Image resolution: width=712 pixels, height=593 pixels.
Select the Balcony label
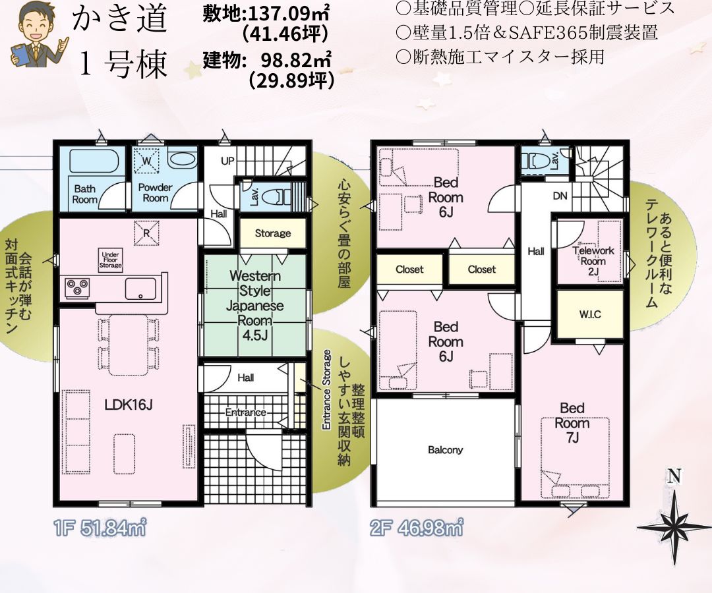(445, 449)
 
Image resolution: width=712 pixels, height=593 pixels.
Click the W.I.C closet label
(590, 314)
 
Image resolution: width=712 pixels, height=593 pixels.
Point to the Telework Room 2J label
(593, 261)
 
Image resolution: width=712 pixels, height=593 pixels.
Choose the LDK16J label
(129, 405)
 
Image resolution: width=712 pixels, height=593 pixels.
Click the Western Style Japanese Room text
(256, 298)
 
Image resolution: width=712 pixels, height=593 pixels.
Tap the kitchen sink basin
(141, 288)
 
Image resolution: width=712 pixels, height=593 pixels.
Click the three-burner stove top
(78, 288)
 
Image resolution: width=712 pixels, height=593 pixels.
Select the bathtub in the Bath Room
(94, 161)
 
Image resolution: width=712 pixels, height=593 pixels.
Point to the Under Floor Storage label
(110, 260)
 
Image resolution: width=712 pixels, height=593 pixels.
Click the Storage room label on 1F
(272, 233)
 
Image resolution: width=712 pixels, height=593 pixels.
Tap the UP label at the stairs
(227, 161)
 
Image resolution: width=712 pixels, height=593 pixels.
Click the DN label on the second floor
(560, 196)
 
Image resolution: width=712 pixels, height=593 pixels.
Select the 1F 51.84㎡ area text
(100, 528)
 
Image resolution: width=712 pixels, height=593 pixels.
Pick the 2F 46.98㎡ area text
(417, 528)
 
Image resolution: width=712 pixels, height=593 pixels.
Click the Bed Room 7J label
(572, 423)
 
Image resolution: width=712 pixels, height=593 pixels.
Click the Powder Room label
(156, 192)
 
